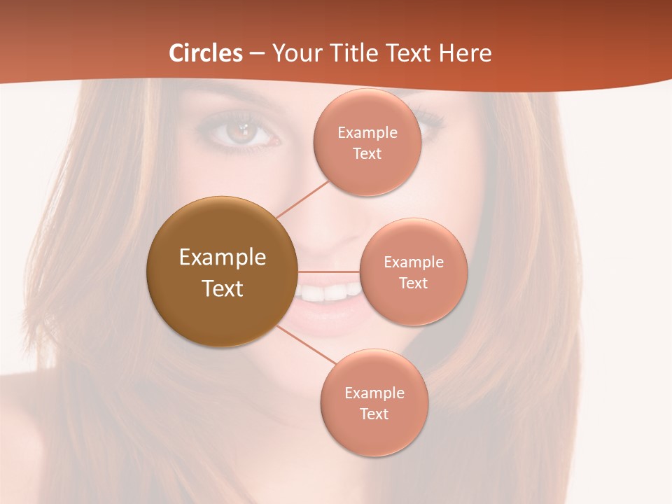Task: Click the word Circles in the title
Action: coord(206,53)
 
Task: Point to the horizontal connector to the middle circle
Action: coord(328,272)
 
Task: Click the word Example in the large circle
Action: coord(223,258)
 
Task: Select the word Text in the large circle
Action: coord(223,288)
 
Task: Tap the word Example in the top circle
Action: coord(367,133)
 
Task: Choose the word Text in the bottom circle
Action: coord(374,414)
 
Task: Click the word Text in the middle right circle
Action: coord(413,283)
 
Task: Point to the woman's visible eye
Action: coord(241,132)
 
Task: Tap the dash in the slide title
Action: coord(257,53)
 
